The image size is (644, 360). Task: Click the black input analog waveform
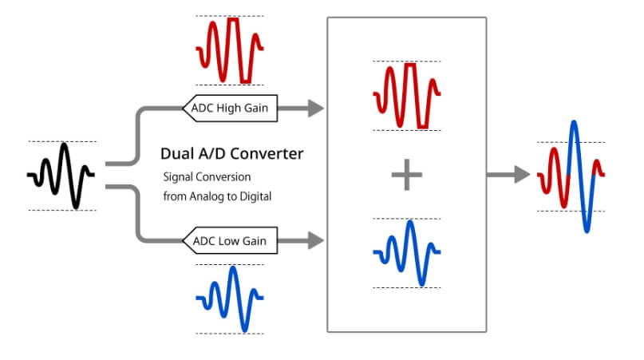point(63,176)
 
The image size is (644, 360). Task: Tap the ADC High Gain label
point(231,107)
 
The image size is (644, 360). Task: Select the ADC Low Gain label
point(231,239)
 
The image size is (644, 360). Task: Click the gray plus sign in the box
point(407,175)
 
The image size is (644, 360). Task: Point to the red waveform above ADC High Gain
point(230,49)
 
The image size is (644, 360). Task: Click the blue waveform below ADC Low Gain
point(230,299)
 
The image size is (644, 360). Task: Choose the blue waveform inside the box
point(407,253)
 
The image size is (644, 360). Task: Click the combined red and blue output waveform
point(571,176)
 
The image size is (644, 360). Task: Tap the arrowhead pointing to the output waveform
point(522,175)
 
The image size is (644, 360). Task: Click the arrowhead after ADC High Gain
point(315,107)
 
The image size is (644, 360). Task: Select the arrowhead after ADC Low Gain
point(315,239)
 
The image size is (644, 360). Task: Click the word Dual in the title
point(176,152)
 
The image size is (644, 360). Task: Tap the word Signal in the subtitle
point(180,176)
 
